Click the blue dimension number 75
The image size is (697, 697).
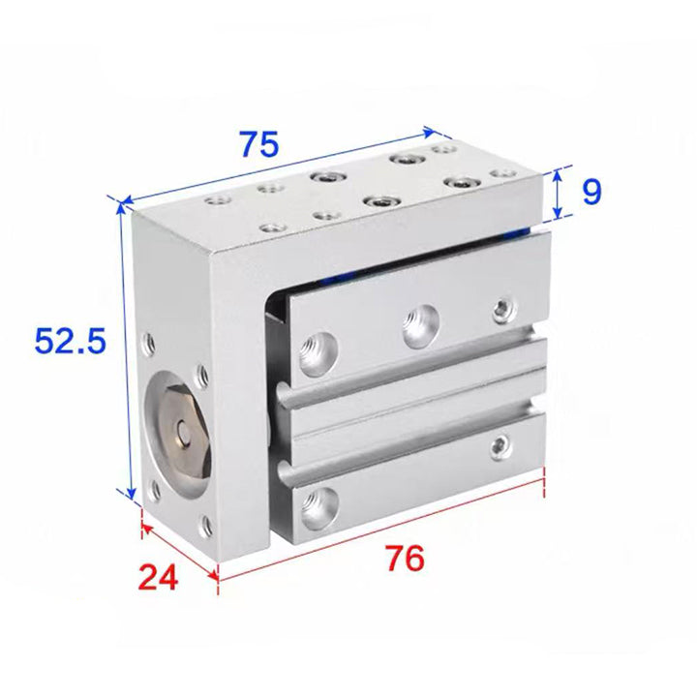click(x=259, y=144)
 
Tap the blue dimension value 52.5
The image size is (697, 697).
click(x=71, y=341)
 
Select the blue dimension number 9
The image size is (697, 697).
click(x=591, y=192)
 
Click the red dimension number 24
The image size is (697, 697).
click(x=158, y=577)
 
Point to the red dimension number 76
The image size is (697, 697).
click(x=405, y=559)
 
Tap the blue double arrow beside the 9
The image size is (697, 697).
click(x=559, y=195)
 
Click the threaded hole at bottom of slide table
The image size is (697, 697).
click(x=319, y=509)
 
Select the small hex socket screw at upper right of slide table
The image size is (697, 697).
click(x=504, y=309)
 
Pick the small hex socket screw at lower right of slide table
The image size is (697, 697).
click(x=501, y=447)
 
